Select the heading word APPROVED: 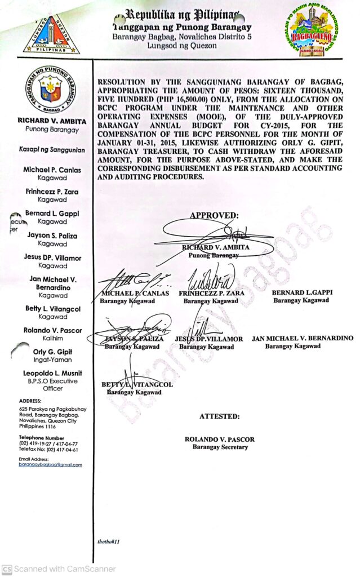click(214, 215)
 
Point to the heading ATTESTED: click(219, 416)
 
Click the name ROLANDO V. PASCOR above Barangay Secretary click(220, 439)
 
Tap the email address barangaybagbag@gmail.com click(50, 465)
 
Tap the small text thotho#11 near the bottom click(109, 541)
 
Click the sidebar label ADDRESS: click(30, 401)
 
